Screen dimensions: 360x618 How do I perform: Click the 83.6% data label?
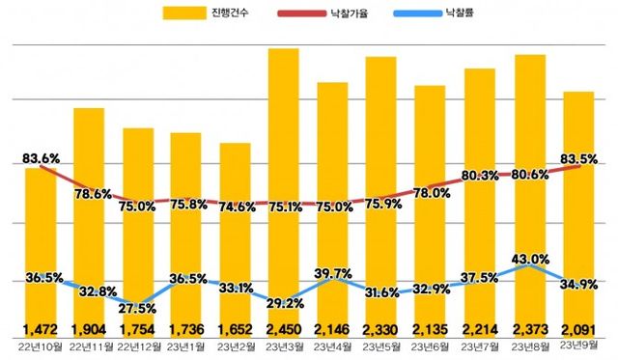pos(42,158)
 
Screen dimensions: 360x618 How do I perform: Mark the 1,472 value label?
pos(41,328)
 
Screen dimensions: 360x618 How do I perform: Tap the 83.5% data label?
pos(576,158)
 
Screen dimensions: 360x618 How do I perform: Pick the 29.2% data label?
pos(286,302)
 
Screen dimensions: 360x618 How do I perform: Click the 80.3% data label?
pos(480,176)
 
